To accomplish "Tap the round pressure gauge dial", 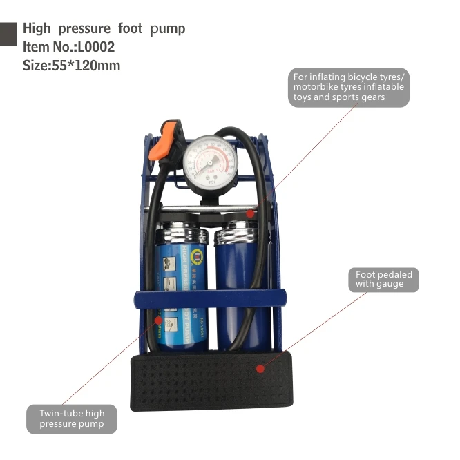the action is click(211, 162).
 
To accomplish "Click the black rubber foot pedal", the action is click(211, 381).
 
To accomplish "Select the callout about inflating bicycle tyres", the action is click(349, 87).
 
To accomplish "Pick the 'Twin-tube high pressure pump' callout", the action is click(72, 419).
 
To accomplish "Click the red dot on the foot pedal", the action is click(260, 368).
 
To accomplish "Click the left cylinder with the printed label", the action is click(180, 276).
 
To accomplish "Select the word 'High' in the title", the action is click(36, 29).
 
